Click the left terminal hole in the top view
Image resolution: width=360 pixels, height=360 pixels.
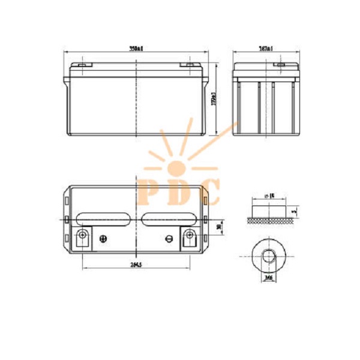pyautogui.click(x=83, y=235)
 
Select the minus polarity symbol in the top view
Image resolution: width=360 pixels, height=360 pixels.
pyautogui.click(x=170, y=239)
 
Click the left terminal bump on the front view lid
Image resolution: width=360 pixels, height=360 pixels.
pyautogui.click(x=81, y=65)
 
